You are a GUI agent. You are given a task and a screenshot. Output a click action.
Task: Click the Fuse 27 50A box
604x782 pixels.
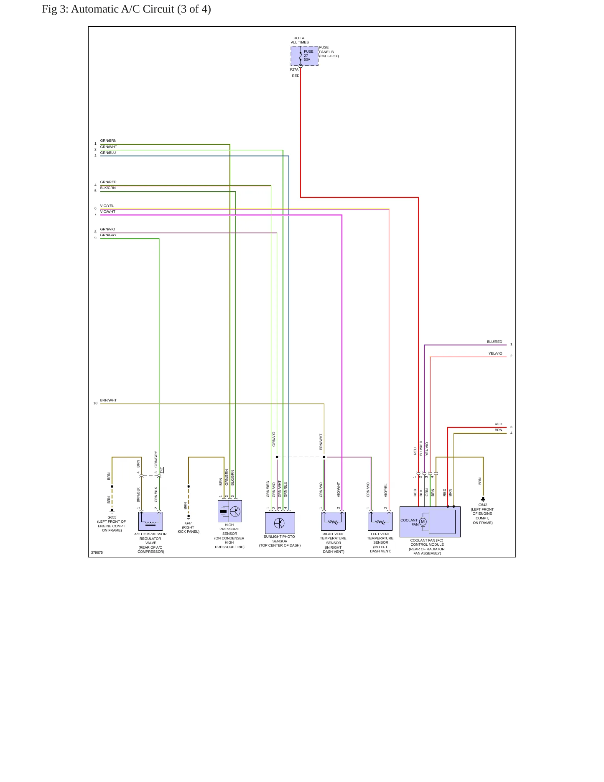click(305, 56)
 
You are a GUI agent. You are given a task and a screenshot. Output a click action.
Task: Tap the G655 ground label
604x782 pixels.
click(112, 517)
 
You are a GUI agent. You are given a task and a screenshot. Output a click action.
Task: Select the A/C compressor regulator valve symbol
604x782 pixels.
click(150, 521)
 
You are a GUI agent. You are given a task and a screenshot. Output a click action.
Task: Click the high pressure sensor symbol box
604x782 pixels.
click(230, 511)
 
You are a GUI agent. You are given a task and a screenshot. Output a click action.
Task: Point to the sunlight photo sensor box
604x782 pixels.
click(280, 523)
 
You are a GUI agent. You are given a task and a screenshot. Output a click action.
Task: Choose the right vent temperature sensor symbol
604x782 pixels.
click(333, 521)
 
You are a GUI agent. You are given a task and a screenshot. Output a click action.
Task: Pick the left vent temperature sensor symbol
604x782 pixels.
click(380, 521)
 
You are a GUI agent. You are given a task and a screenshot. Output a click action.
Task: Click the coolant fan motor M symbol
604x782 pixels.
click(423, 521)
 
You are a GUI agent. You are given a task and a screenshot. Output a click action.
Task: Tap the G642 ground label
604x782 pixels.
click(483, 505)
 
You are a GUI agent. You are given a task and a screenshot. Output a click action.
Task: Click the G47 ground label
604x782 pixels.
click(189, 523)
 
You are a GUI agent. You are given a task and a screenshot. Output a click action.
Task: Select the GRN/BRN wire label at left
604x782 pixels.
click(108, 141)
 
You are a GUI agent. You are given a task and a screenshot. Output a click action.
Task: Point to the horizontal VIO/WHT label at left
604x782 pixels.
click(108, 212)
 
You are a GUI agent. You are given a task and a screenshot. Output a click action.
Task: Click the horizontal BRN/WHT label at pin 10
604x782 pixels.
click(109, 400)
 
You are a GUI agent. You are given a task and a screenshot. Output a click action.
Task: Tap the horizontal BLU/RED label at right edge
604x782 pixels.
click(494, 342)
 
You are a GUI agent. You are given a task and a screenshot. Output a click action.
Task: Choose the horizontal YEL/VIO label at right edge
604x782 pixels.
click(495, 353)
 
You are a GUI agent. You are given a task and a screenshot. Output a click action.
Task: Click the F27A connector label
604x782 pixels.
click(294, 69)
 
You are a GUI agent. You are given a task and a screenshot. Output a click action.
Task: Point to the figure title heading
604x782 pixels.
click(126, 9)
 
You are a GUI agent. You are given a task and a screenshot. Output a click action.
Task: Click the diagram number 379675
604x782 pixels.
click(97, 552)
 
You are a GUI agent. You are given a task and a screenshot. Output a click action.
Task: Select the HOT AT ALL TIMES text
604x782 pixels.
click(300, 40)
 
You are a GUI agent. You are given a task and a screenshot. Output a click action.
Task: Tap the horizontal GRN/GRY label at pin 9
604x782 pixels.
click(108, 235)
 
